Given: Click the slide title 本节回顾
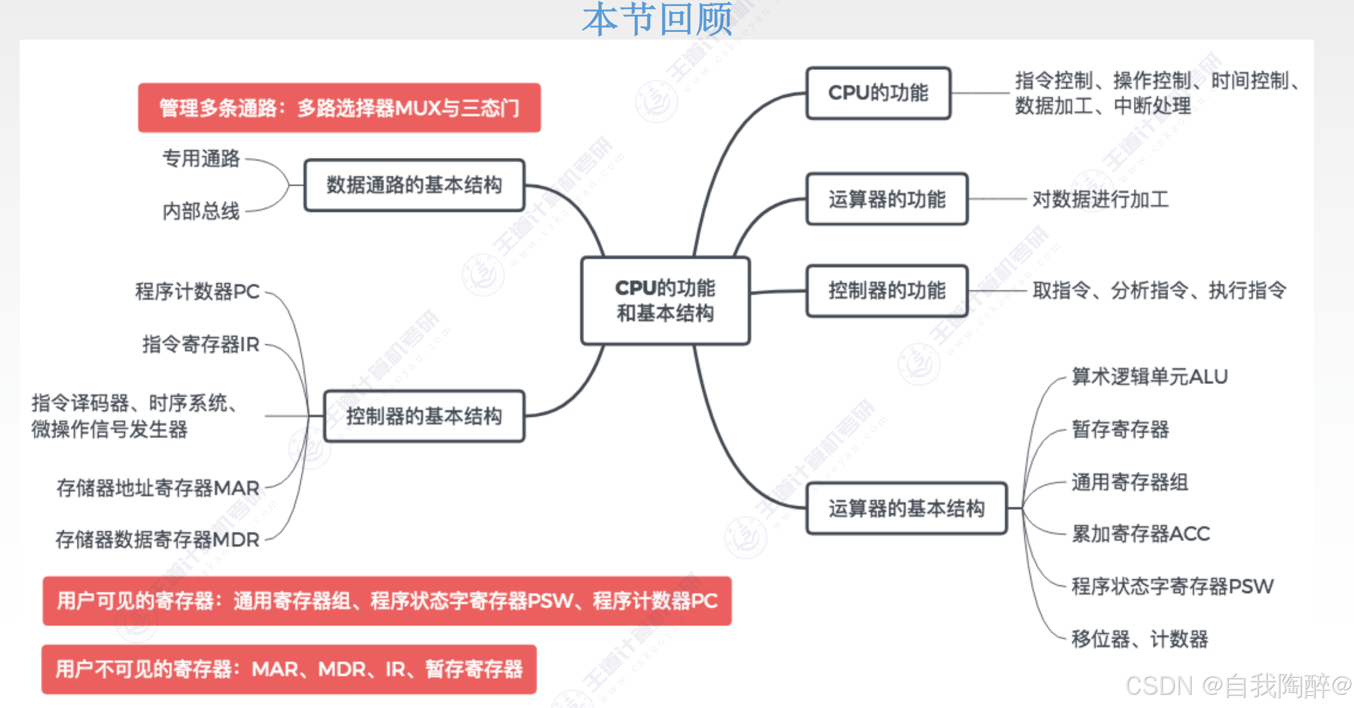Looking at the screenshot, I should [658, 20].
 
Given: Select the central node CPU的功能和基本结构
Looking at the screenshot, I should [665, 300].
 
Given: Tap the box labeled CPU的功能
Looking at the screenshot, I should [878, 93].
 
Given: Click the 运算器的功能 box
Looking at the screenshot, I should [887, 199].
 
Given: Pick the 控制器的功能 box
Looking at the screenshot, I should [887, 290].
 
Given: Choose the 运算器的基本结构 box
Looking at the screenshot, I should [906, 508].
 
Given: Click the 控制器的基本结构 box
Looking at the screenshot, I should [423, 416].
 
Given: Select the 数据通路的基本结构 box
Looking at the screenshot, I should [414, 185].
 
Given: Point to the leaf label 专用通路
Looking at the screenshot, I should [201, 158].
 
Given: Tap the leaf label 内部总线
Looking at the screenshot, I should [201, 211].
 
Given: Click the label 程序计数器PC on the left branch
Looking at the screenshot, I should [197, 292].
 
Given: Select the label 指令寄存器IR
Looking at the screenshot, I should [201, 344].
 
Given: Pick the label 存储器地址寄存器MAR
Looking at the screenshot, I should [158, 488].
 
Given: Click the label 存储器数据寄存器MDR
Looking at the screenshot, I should [157, 540].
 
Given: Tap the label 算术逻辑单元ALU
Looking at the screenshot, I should [1149, 377].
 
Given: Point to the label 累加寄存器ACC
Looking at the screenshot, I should [1141, 534].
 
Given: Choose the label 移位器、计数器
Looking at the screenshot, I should [1140, 639].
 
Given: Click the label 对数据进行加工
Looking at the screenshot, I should [1100, 199].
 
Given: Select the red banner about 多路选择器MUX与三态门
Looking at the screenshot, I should [339, 108].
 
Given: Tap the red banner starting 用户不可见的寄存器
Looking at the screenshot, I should [289, 669].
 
